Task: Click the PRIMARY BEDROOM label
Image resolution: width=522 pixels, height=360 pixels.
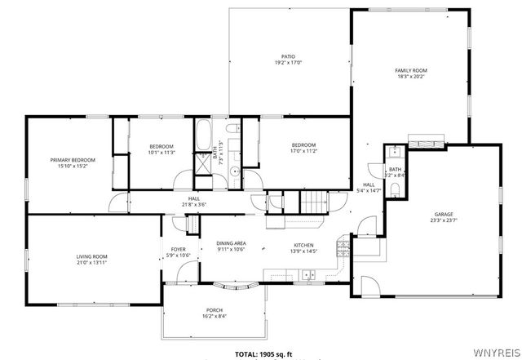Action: (73, 160)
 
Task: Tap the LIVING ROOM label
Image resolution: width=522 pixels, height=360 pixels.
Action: (92, 256)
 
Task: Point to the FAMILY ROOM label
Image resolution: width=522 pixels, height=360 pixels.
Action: (411, 71)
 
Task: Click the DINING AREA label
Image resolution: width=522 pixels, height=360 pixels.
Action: (231, 243)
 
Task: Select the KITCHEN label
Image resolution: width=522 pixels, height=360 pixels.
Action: (304, 244)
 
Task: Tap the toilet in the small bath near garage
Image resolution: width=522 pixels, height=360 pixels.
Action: (396, 189)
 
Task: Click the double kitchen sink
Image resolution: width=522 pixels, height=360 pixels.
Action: (309, 275)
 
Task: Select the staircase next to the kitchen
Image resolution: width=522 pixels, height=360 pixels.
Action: (314, 200)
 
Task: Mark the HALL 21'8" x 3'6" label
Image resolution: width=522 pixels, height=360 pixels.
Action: (194, 199)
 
